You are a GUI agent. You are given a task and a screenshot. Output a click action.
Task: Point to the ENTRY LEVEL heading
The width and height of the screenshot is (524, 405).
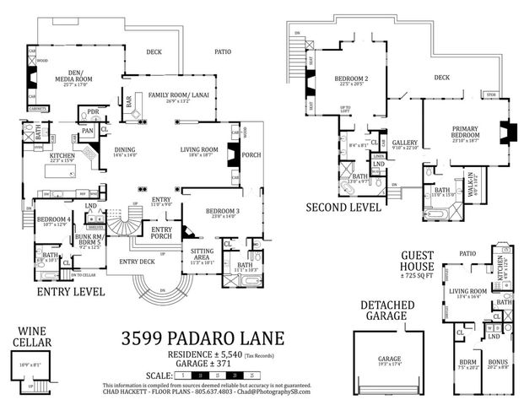tap(71, 292)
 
